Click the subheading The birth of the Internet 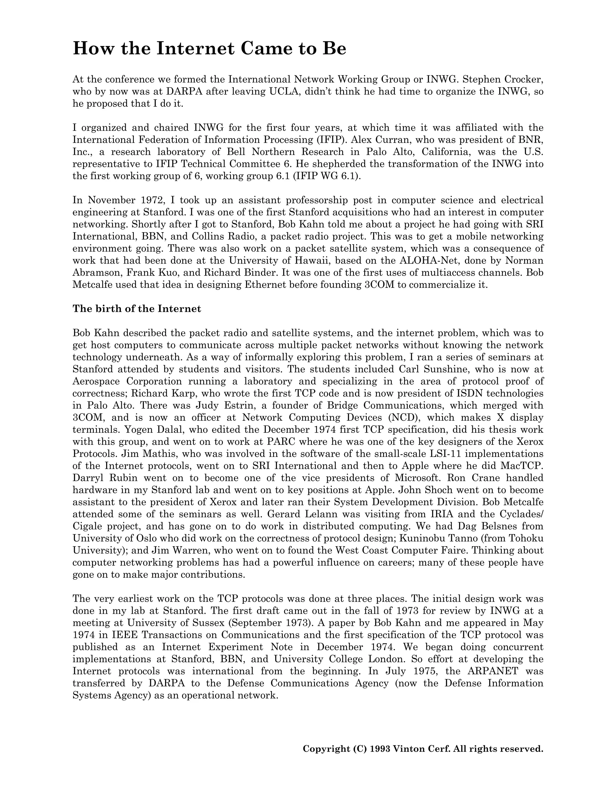[x=137, y=309]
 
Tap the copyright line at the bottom [x=423, y=749]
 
